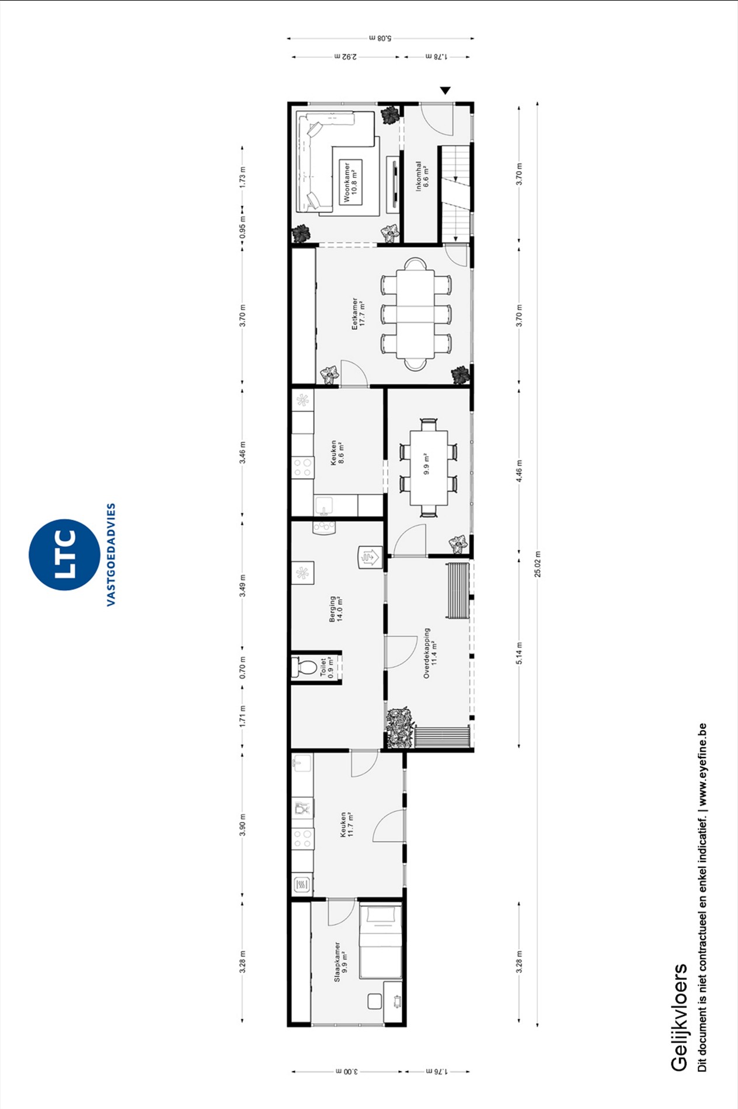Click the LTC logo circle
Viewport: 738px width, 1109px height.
click(64, 554)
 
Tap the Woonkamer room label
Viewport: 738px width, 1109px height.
click(347, 182)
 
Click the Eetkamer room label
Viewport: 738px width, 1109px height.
click(354, 314)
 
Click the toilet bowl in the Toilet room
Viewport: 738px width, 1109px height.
click(302, 667)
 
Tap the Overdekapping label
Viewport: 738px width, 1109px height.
click(427, 653)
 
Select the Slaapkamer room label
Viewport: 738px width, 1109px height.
click(337, 961)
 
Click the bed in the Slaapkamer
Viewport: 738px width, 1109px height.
click(381, 941)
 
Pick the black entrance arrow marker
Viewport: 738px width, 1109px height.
click(445, 90)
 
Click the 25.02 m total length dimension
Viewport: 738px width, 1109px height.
click(537, 564)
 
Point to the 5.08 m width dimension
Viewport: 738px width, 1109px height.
click(381, 39)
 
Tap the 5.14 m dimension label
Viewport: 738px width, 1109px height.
click(519, 653)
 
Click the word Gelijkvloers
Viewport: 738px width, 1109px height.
click(679, 1017)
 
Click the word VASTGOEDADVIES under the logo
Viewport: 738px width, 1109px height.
click(111, 554)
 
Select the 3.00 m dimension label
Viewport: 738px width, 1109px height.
click(347, 1071)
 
